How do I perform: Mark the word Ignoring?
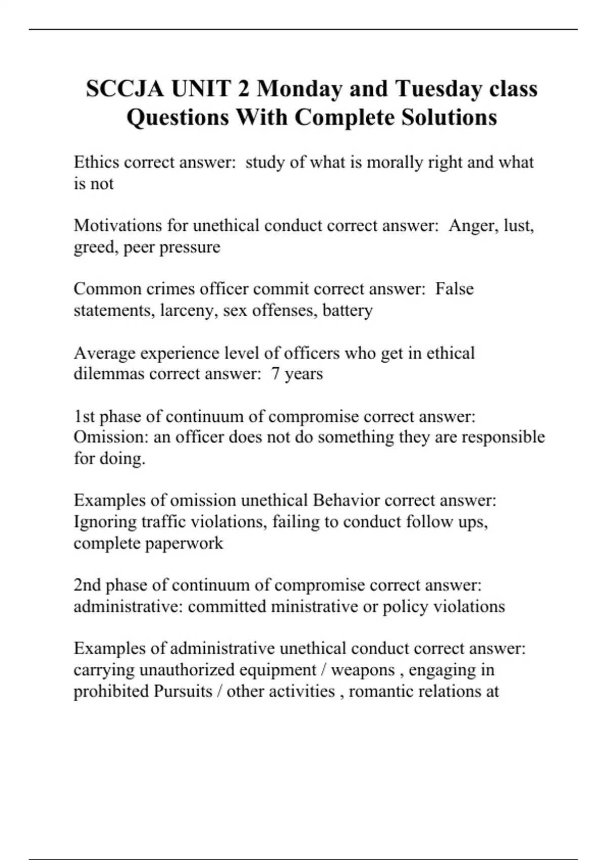105,522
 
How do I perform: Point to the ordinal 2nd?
87,585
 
